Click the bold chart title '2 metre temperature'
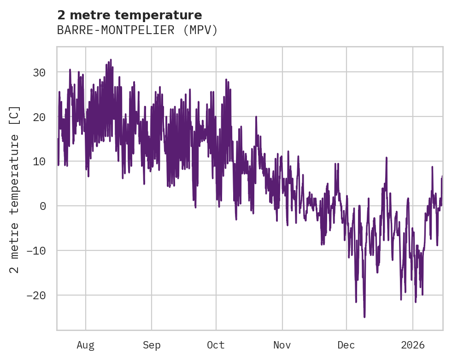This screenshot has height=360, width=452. click(x=129, y=15)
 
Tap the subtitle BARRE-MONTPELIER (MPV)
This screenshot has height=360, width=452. click(x=137, y=30)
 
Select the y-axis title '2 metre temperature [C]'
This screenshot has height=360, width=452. click(x=15, y=189)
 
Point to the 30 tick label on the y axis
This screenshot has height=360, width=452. click(x=39, y=73)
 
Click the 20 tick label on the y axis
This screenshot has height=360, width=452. click(x=39, y=117)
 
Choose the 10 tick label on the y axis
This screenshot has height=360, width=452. click(x=39, y=162)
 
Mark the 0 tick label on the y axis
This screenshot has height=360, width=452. click(x=42, y=206)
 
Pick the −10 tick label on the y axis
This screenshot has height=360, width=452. click(x=36, y=251)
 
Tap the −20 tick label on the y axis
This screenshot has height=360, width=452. click(x=36, y=295)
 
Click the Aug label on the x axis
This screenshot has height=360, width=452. click(x=85, y=345)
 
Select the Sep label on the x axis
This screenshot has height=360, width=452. click(x=151, y=345)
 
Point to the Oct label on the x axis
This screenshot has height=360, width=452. click(x=216, y=345)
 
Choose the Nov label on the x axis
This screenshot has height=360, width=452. click(x=282, y=345)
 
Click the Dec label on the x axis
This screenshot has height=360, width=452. click(x=346, y=345)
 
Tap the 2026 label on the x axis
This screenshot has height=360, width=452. click(x=413, y=345)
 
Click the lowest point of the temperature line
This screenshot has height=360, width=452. click(x=364, y=317)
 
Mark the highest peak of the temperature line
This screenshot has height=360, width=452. click(x=111, y=59)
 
